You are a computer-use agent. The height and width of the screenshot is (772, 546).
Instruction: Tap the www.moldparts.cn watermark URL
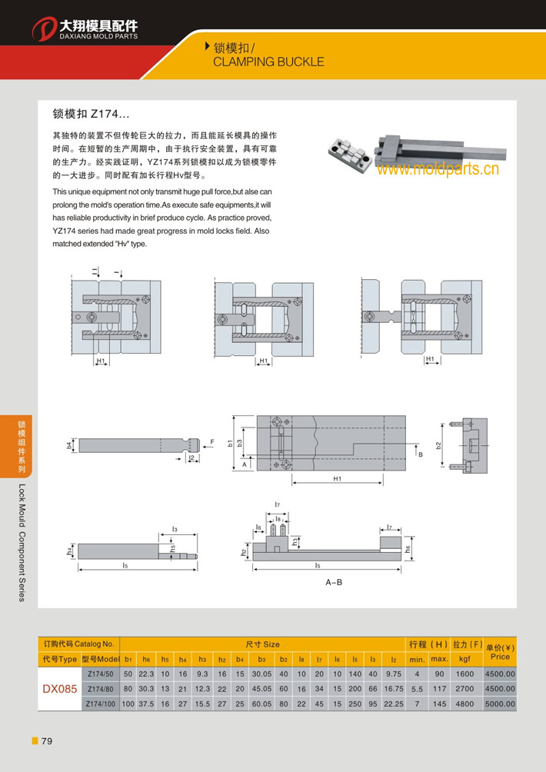pyautogui.click(x=438, y=168)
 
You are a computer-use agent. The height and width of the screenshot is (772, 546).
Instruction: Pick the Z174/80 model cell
pyautogui.click(x=101, y=689)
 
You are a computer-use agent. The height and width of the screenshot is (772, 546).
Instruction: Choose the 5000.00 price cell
pyautogui.click(x=499, y=704)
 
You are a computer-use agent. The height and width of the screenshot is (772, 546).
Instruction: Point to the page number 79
pyautogui.click(x=46, y=741)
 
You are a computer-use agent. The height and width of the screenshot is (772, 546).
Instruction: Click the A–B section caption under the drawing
pyautogui.click(x=334, y=583)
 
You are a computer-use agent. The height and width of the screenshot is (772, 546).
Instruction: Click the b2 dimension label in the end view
pyautogui.click(x=438, y=445)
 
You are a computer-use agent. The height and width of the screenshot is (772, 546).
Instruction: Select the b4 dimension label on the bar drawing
pyautogui.click(x=69, y=445)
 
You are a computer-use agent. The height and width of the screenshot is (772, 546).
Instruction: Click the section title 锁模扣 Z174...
pyautogui.click(x=85, y=114)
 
